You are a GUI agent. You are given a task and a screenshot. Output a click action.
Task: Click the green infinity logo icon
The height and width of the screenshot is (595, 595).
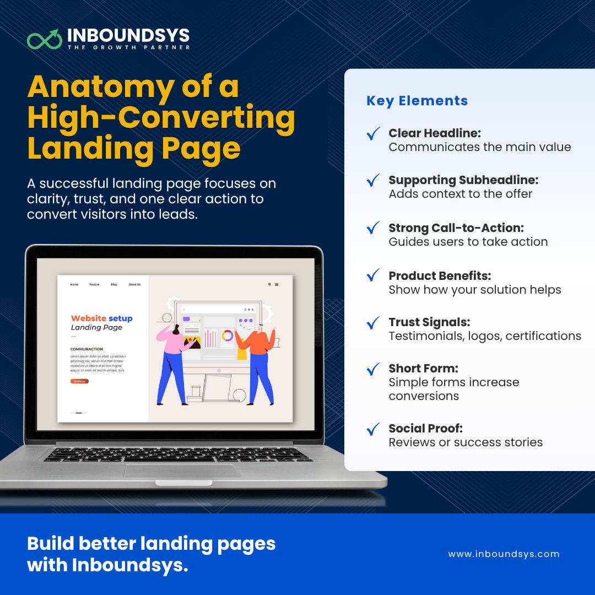click(x=44, y=39)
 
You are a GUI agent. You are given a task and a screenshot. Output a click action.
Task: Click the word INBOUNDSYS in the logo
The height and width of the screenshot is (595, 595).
click(x=128, y=36)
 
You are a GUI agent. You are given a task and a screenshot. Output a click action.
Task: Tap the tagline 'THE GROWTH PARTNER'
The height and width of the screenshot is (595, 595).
click(x=128, y=48)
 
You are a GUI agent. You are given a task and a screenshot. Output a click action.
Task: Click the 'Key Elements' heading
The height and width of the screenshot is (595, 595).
click(x=417, y=101)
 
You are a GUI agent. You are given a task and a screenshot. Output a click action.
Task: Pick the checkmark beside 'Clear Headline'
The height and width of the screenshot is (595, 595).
click(x=374, y=134)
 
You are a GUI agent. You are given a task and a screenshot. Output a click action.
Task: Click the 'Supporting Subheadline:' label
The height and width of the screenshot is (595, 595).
click(x=463, y=180)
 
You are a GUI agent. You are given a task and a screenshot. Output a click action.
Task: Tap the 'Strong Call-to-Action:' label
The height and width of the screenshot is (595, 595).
click(x=456, y=228)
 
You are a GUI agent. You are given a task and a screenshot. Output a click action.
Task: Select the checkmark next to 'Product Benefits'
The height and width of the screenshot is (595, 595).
click(x=374, y=275)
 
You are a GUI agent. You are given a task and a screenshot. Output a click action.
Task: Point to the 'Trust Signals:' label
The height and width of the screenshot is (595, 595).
click(x=429, y=322)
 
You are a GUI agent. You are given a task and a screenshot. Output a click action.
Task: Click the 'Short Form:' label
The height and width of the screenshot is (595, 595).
click(x=423, y=368)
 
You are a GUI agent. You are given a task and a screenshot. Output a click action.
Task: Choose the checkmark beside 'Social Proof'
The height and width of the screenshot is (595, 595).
click(x=374, y=429)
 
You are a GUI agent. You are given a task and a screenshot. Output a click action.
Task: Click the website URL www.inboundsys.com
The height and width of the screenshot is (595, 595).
click(x=504, y=554)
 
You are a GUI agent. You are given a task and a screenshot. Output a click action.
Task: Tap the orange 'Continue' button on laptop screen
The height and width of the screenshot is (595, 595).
click(x=79, y=381)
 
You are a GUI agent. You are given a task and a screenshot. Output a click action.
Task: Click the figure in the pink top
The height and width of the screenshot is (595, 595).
click(x=172, y=358)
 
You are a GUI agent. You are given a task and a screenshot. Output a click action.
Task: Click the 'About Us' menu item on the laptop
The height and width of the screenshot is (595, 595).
click(x=134, y=285)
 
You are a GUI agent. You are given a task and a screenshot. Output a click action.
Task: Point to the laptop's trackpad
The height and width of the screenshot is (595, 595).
click(x=182, y=471)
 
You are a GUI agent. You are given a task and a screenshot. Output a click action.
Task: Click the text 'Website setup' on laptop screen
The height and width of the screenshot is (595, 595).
click(x=101, y=318)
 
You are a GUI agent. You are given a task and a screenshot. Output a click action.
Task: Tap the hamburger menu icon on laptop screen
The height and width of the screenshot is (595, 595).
click(x=277, y=285)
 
